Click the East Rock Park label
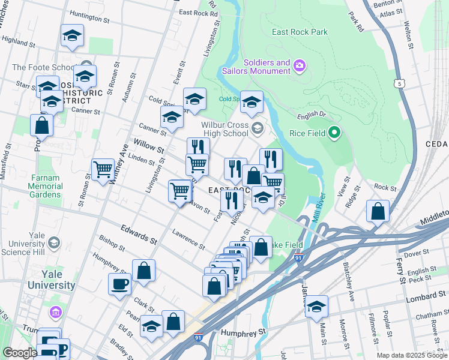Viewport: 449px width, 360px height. coord(300,32)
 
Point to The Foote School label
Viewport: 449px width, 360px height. coord(43,68)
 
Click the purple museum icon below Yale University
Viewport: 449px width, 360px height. coord(56,312)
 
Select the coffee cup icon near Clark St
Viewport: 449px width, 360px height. coord(119,284)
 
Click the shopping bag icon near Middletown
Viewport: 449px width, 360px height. coord(377,212)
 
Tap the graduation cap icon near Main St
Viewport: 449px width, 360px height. coord(316,306)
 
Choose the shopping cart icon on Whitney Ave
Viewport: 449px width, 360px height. coord(103,169)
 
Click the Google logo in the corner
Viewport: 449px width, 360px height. coord(19,353)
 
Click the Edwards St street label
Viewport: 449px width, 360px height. coord(138,235)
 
